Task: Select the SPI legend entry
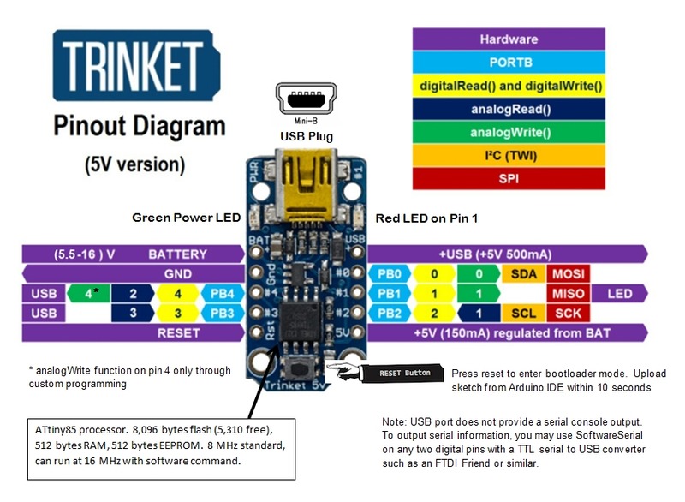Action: coord(509,179)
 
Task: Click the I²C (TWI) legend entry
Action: coord(509,156)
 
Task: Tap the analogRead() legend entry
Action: coord(509,109)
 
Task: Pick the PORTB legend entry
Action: coord(509,63)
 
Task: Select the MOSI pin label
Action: coord(567,274)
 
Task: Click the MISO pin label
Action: coord(567,294)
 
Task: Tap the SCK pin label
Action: coord(567,314)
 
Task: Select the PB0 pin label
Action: coord(389,274)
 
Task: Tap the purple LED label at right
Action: coord(618,294)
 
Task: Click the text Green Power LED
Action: coord(186,218)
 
